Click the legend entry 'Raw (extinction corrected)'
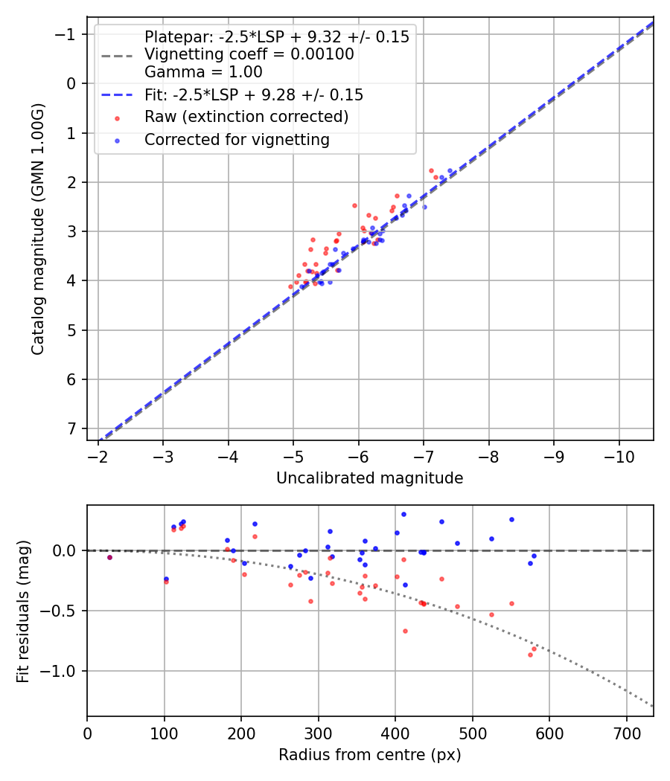(246, 117)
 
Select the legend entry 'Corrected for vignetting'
(237, 139)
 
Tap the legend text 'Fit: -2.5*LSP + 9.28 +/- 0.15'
(254, 95)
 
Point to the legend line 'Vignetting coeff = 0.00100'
(249, 54)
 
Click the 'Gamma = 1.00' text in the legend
(203, 72)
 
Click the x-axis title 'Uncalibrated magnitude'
(370, 478)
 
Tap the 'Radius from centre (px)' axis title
(370, 755)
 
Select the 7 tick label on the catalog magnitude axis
(71, 428)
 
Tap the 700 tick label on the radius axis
(626, 733)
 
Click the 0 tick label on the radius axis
(87, 733)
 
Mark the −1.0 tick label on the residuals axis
(62, 671)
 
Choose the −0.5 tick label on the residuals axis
(62, 611)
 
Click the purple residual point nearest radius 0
(109, 557)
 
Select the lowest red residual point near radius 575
(530, 655)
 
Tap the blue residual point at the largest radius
(534, 556)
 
